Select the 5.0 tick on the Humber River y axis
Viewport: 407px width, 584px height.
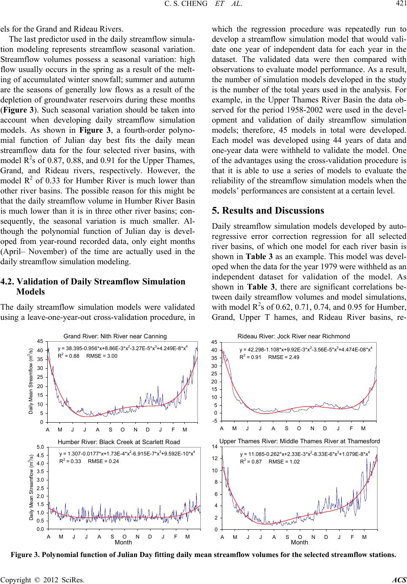[x=40, y=446]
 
